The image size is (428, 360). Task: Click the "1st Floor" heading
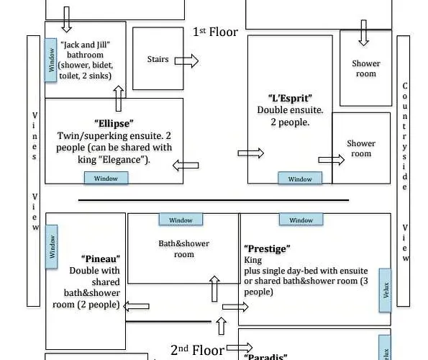215,32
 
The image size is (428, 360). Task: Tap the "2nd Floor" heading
197,350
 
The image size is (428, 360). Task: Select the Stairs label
158,59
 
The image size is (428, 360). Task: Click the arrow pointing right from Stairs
186,60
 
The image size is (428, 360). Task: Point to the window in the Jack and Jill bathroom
51,60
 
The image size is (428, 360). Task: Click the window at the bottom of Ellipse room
106,178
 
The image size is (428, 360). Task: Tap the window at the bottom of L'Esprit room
300,179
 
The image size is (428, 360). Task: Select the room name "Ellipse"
114,123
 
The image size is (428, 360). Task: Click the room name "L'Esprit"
290,98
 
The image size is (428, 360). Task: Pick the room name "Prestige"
267,248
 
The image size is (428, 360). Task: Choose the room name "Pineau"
101,258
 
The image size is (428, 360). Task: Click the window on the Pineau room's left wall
51,247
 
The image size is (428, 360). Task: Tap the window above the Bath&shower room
181,220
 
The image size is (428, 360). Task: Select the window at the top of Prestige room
301,220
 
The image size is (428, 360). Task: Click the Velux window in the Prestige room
385,290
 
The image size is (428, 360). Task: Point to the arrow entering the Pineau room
136,306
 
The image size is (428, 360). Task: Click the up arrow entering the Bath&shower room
214,289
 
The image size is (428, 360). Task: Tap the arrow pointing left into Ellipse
186,166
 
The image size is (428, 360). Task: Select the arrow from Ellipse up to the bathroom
119,99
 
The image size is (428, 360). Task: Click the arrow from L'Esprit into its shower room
332,160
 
